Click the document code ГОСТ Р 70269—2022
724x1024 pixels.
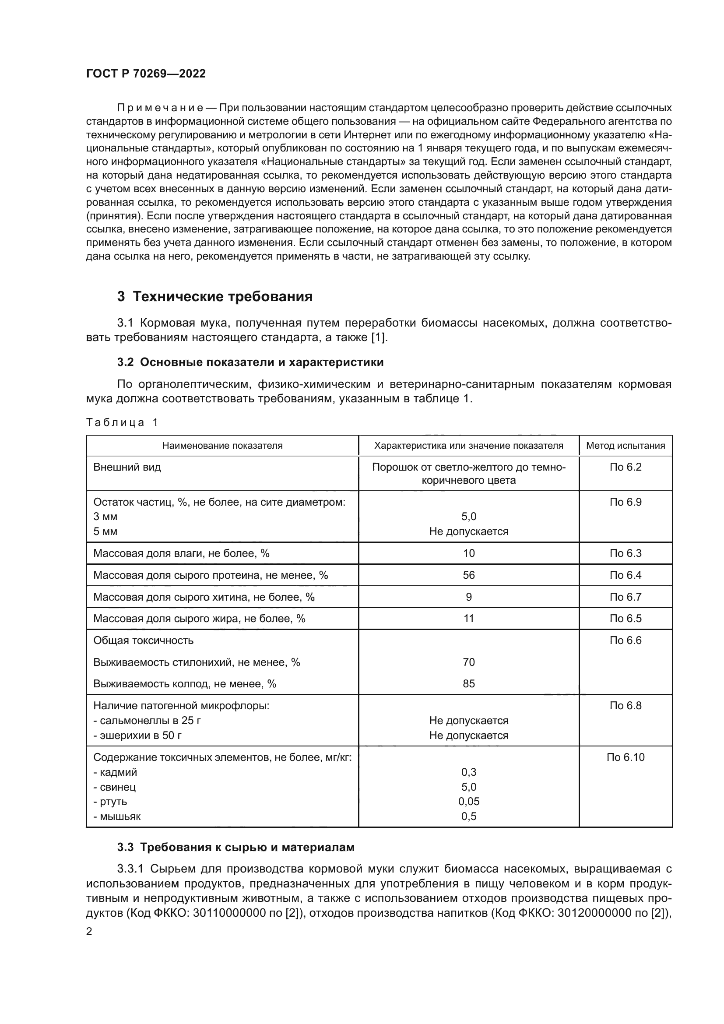[x=146, y=74]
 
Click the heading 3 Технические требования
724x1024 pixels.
[x=214, y=296]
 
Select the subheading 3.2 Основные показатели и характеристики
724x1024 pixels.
[x=250, y=362]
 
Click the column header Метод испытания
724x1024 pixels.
[x=625, y=446]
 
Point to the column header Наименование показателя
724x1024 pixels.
[x=222, y=446]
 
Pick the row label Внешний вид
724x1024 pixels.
[x=127, y=468]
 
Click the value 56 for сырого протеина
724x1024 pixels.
[x=468, y=575]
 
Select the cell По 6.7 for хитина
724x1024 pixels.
[x=625, y=597]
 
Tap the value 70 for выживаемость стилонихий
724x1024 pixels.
[x=468, y=662]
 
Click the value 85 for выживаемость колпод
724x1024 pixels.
[x=468, y=684]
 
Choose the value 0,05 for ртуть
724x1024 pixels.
[x=468, y=802]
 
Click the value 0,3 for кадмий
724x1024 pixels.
[x=468, y=772]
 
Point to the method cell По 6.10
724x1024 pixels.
[x=625, y=757]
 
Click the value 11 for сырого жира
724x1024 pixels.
[x=468, y=619]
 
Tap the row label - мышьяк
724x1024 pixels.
[x=117, y=816]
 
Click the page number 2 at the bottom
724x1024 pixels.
[x=89, y=931]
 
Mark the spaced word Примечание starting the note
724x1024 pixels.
[x=160, y=108]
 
